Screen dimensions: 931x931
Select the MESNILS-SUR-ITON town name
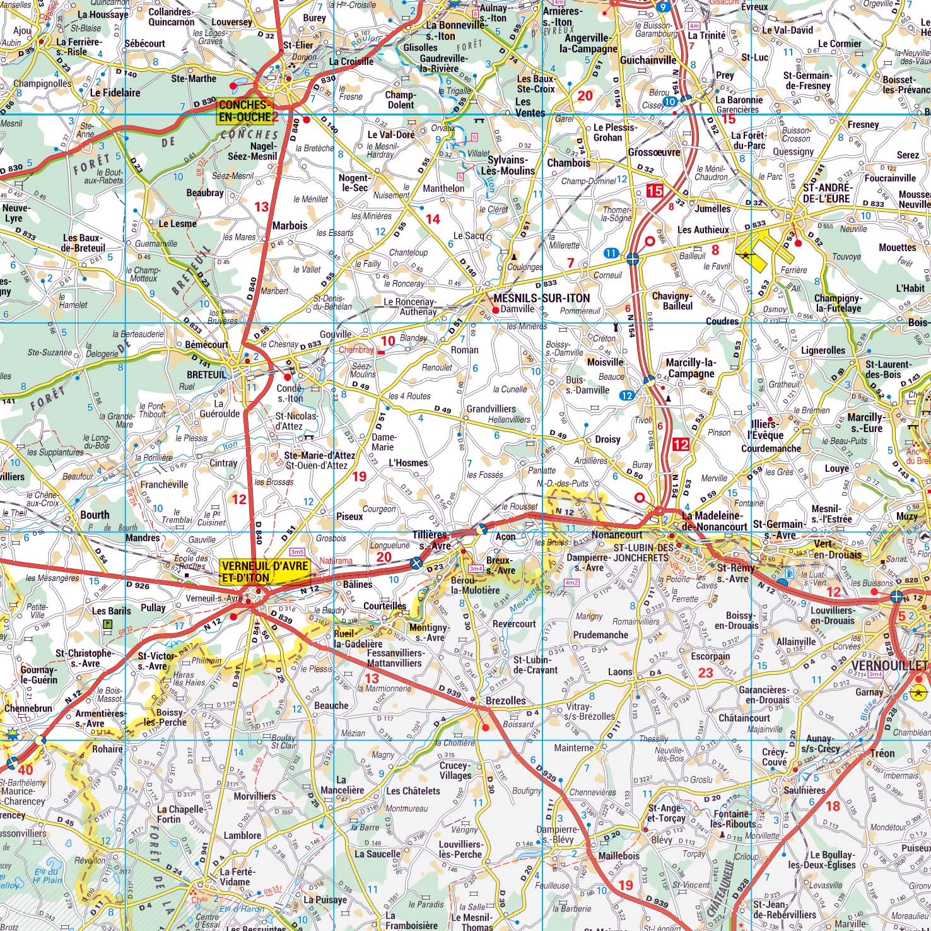(x=542, y=298)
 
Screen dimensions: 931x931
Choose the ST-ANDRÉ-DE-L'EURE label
(x=818, y=193)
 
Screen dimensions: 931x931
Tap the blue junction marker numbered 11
(x=610, y=253)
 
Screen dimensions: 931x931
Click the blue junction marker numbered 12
(x=626, y=395)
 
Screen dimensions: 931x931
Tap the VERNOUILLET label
(x=889, y=665)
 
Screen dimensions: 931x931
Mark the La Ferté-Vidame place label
(x=235, y=877)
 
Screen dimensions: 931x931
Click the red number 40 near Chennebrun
(x=25, y=770)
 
